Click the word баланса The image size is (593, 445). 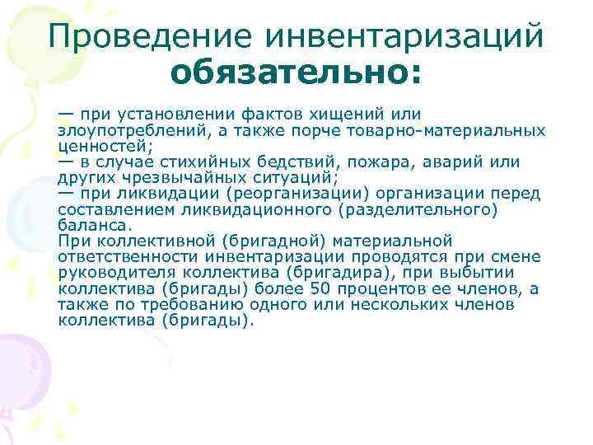tap(93, 226)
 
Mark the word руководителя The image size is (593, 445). tap(110, 273)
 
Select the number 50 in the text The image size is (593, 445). tap(320, 289)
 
